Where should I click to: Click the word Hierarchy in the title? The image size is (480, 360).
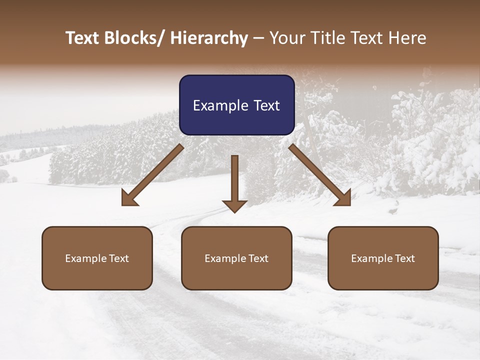pos(209,38)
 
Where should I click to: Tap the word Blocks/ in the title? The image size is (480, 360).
pos(134,38)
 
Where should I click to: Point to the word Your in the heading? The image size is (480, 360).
pos(286,38)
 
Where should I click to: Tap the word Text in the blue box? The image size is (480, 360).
pos(266,105)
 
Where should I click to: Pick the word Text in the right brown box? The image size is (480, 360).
pos(404,258)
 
